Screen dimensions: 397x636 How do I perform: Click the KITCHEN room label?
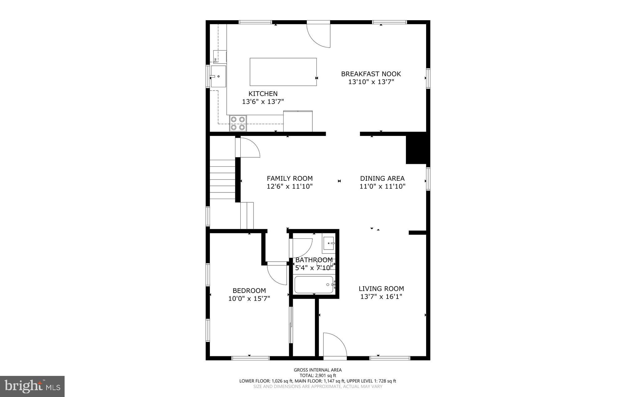(263, 93)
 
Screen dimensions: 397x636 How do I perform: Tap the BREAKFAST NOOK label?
(371, 74)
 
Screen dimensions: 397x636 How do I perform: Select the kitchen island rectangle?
(283, 72)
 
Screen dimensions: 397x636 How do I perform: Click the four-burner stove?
(238, 123)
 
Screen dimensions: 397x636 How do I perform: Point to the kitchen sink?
(219, 76)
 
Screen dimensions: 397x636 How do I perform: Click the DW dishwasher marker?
(215, 60)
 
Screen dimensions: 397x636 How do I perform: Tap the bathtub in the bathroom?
(314, 285)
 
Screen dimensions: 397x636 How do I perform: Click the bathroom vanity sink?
(329, 243)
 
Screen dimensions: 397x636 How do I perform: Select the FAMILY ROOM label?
(289, 178)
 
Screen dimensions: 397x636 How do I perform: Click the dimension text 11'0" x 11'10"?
(382, 187)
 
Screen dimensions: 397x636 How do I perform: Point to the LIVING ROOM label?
(381, 289)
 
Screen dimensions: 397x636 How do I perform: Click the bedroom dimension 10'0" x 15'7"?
(249, 299)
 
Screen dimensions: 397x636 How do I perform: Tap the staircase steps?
(222, 179)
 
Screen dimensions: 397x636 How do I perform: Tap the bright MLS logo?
(32, 386)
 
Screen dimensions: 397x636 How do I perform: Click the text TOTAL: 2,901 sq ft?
(318, 375)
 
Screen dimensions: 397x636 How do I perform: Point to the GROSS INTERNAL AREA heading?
(318, 370)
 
